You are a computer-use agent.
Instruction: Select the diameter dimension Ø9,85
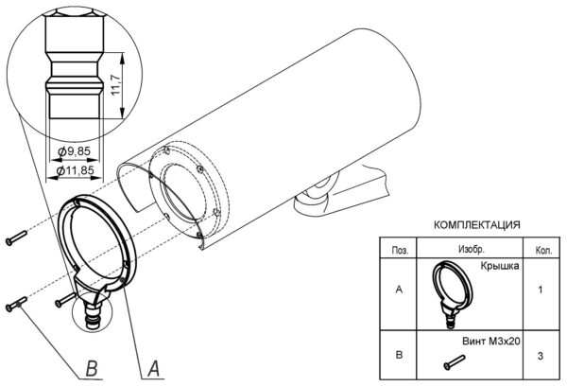click(x=74, y=151)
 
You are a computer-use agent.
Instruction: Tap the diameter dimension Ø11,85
click(x=75, y=170)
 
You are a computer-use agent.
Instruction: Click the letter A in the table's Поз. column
click(x=400, y=290)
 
